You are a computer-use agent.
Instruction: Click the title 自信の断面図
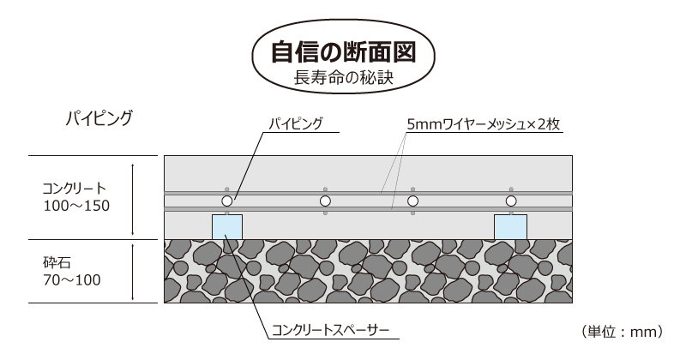(x=344, y=52)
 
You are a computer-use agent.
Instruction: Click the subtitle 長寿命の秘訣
(x=344, y=77)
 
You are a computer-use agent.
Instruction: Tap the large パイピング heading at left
(x=99, y=118)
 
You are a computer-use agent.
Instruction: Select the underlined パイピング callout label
(x=296, y=123)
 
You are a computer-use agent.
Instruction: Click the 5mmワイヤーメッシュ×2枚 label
(x=483, y=124)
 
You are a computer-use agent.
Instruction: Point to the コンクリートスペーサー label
(x=330, y=330)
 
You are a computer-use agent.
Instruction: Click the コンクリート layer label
(x=74, y=188)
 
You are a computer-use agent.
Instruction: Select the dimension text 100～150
(x=76, y=206)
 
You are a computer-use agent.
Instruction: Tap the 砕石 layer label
(x=57, y=262)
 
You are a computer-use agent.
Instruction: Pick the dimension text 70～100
(x=72, y=280)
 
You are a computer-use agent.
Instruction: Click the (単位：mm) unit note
(x=623, y=332)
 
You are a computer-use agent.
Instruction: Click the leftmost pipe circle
(x=226, y=201)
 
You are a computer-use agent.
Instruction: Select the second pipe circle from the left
(x=325, y=201)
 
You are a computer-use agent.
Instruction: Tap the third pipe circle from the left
(x=412, y=201)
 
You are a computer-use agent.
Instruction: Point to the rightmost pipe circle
(x=511, y=201)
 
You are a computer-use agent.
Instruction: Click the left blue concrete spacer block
(x=227, y=227)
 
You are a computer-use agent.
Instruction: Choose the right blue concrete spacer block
(x=510, y=227)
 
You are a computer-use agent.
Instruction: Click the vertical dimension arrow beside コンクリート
(x=133, y=200)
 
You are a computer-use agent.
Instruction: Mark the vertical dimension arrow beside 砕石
(x=133, y=272)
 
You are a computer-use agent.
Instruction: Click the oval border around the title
(x=344, y=56)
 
